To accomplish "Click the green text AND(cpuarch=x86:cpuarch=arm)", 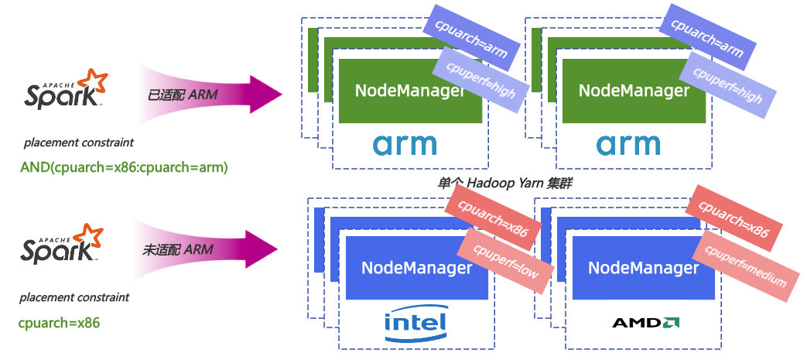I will [123, 166].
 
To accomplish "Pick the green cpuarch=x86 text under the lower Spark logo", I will [59, 322].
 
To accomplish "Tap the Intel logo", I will [415, 323].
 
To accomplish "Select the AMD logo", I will [646, 322].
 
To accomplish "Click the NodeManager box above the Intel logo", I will [416, 269].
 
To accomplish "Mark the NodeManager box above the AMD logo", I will [643, 269].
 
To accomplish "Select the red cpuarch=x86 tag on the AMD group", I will [733, 219].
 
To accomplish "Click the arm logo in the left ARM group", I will [405, 145].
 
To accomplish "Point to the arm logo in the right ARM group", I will [628, 145].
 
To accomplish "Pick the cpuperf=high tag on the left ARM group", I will [480, 82].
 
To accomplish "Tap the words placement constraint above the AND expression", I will [79, 142].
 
